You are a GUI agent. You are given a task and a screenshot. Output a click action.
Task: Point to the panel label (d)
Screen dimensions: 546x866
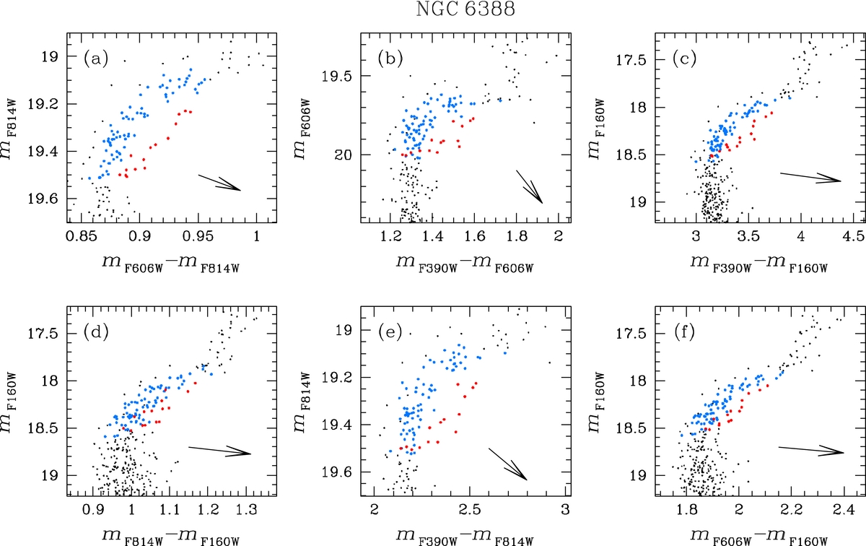pyautogui.click(x=96, y=333)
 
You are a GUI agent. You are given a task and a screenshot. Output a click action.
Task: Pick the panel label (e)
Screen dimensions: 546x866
pyautogui.click(x=390, y=333)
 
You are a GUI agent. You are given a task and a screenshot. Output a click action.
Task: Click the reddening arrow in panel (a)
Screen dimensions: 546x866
pyautogui.click(x=219, y=181)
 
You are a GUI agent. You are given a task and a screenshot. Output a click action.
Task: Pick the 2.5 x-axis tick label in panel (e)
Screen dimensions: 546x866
pyautogui.click(x=469, y=510)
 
